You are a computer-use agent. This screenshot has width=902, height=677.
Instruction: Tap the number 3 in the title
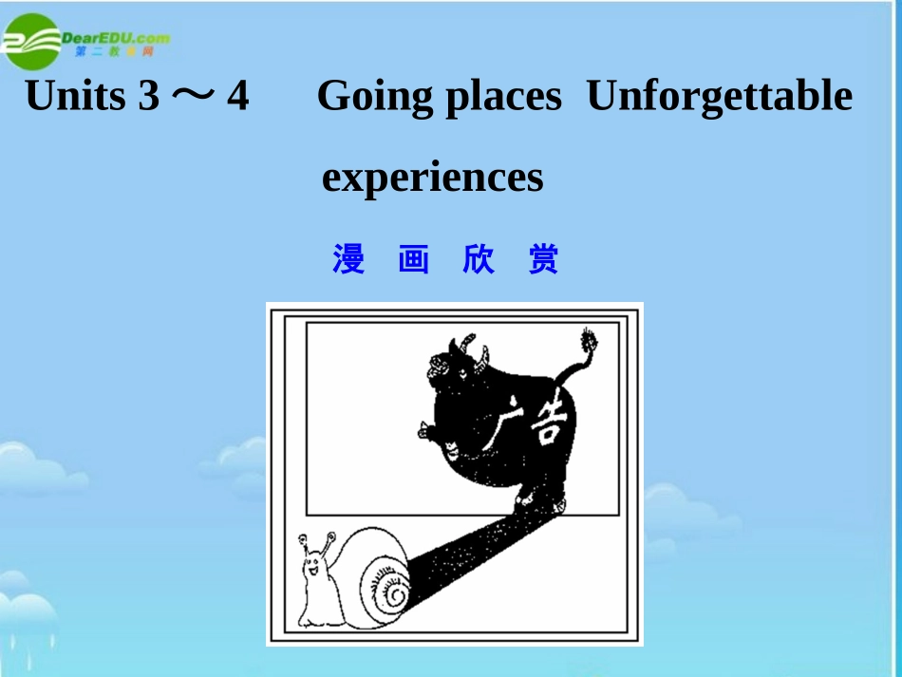click(148, 96)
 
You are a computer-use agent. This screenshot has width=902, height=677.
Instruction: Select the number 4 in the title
click(236, 96)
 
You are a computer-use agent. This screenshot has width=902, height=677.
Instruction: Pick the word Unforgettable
click(720, 96)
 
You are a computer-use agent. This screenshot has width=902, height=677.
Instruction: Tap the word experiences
click(432, 178)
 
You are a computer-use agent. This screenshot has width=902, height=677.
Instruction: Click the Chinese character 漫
click(348, 259)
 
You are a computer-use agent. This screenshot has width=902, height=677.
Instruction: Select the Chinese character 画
click(413, 259)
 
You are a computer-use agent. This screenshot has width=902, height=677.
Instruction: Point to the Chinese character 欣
click(479, 259)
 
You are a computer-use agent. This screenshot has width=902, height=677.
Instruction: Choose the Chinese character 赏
click(544, 259)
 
